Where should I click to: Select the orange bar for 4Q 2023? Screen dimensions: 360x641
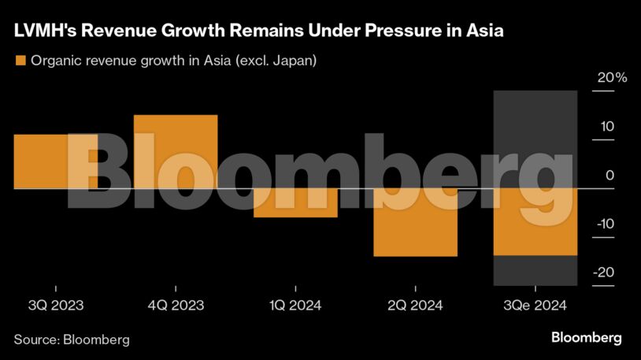[176, 151]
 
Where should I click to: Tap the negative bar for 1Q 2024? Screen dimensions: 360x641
[295, 203]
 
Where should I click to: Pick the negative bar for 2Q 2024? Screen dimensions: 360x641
[415, 223]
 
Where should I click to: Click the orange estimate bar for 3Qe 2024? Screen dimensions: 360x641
[535, 222]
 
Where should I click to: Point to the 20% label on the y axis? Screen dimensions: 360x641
[612, 78]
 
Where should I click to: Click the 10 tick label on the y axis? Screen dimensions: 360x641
[607, 127]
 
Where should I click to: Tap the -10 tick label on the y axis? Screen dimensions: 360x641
[605, 225]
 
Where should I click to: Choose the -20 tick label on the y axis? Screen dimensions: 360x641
[605, 273]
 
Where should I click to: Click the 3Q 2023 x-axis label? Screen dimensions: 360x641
[56, 306]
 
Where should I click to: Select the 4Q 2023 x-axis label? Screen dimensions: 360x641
[176, 306]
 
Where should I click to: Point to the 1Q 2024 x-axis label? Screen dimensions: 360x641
[295, 306]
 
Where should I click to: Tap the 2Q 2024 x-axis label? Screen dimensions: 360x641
[415, 306]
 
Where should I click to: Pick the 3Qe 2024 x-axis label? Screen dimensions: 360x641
[535, 306]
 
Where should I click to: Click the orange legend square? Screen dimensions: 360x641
[20, 61]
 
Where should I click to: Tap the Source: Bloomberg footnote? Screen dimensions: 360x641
[72, 340]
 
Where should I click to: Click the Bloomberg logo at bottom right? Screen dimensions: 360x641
[586, 338]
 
